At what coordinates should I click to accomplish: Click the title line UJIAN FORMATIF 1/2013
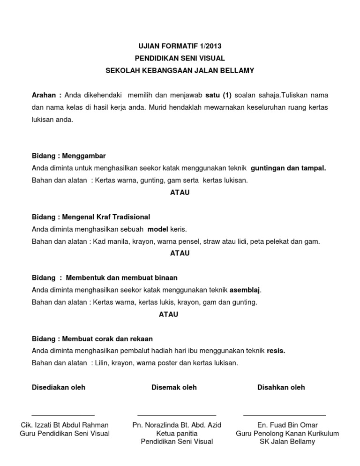pos(180,46)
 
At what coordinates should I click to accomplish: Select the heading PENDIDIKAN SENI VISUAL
pos(180,58)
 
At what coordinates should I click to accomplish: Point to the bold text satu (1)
pos(219,95)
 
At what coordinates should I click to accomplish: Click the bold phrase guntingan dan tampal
pos(288,168)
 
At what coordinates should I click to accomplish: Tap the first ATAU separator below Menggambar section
pos(180,193)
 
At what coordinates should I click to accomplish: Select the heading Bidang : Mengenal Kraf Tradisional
pos(91,217)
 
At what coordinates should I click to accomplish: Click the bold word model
pos(157,229)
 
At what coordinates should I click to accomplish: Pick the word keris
pos(179,229)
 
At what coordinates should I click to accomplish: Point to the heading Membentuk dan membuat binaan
pos(122,278)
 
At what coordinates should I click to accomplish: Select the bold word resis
pos(276,351)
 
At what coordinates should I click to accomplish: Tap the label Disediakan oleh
pos(59,387)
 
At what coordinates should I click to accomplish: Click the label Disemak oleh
pos(174,387)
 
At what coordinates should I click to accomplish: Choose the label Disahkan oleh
pos(281,387)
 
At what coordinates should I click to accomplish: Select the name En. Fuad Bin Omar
pos(287,425)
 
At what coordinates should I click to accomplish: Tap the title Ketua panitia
pos(177,434)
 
